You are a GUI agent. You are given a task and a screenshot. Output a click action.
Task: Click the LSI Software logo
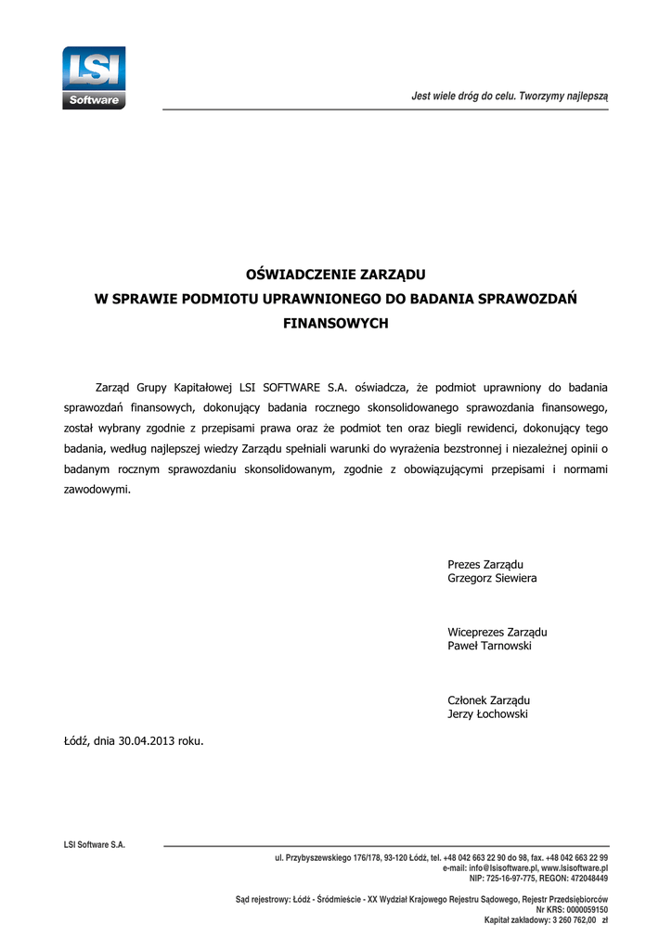[x=94, y=78]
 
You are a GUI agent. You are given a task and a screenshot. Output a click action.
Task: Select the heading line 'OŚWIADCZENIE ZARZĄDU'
[x=335, y=274]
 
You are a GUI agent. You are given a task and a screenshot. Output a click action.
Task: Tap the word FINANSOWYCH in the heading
[x=335, y=325]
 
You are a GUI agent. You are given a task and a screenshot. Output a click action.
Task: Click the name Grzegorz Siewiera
[x=492, y=579]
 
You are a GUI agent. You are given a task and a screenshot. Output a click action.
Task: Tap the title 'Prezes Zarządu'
[x=485, y=564]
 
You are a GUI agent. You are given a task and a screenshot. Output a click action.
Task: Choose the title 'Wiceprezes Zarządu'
[x=498, y=632]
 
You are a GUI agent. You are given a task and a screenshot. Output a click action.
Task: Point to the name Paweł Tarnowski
[x=490, y=647]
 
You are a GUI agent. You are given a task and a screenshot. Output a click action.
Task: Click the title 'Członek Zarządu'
[x=488, y=700]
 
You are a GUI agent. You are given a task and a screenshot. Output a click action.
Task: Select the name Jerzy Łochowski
[x=488, y=714]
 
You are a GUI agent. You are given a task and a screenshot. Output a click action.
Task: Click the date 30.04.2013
[x=147, y=740]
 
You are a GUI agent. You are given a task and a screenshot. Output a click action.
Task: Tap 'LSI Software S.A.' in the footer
[x=95, y=845]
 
